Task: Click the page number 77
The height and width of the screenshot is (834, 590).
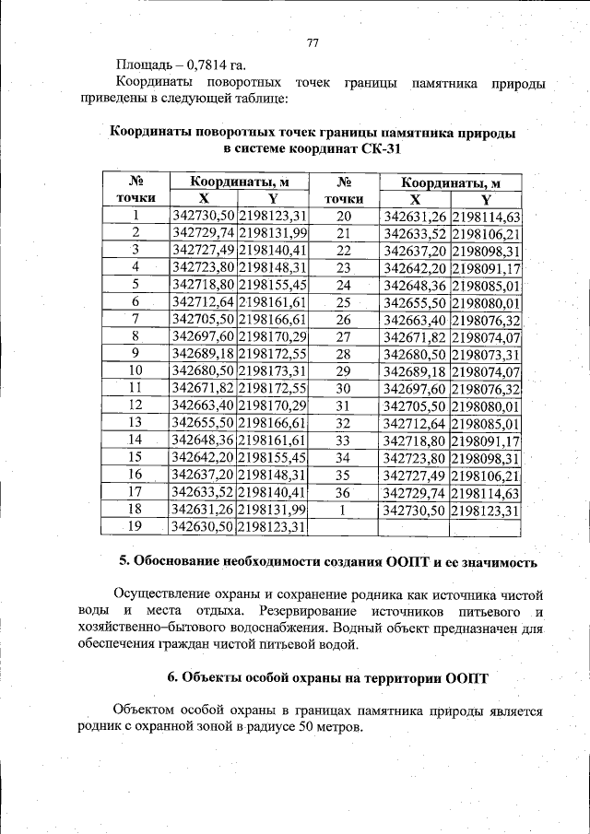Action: [x=312, y=43]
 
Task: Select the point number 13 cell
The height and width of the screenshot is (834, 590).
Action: [x=136, y=421]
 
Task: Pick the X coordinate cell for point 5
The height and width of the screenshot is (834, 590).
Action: [x=204, y=284]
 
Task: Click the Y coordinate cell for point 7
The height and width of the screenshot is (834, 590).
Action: [x=272, y=318]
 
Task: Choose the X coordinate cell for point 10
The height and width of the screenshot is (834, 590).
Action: [x=204, y=370]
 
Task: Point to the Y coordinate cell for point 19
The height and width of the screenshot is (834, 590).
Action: [x=272, y=527]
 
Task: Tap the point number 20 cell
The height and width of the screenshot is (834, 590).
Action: [x=344, y=217]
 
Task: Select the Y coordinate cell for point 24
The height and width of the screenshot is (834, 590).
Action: [x=487, y=286]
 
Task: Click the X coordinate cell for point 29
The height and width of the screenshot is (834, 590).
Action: [x=415, y=371]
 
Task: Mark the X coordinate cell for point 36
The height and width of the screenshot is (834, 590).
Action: [x=415, y=493]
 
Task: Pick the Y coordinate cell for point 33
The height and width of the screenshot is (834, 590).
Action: [x=487, y=440]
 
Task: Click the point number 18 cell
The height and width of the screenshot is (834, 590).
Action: [x=136, y=509]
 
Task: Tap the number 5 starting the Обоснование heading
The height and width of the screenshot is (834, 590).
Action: [x=124, y=561]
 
